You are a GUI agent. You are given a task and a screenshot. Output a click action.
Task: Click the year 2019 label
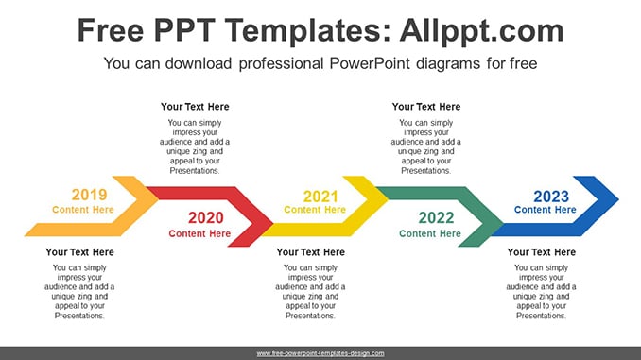(89, 195)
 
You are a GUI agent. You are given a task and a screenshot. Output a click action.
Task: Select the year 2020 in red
(205, 218)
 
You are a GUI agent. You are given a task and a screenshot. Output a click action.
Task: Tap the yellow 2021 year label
(320, 197)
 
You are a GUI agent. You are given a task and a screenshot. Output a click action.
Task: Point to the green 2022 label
(436, 218)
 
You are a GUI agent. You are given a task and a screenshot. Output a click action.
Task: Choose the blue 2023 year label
(551, 197)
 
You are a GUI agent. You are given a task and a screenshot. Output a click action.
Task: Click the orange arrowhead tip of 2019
(159, 199)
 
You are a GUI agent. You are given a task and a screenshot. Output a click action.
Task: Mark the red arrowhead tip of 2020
(273, 223)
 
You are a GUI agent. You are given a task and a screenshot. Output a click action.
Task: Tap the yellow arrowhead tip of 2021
(389, 199)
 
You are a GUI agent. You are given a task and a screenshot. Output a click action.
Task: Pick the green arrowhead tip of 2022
(504, 223)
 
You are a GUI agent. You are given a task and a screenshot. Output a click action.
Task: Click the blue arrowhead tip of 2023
(618, 199)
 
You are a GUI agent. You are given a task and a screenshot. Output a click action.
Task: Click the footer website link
(320, 353)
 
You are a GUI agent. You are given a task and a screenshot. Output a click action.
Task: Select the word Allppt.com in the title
(481, 30)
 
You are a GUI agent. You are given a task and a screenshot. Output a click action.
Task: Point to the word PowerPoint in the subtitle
(370, 63)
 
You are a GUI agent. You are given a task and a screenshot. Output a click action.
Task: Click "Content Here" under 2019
(83, 210)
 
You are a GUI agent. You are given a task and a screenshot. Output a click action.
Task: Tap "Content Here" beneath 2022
(430, 233)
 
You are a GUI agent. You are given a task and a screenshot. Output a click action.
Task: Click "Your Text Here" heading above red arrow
(195, 107)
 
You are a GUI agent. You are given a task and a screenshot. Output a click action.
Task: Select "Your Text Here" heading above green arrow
(426, 107)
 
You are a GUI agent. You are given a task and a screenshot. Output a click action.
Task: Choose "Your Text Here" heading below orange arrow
(79, 252)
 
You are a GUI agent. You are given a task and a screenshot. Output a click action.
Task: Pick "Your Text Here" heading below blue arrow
(541, 252)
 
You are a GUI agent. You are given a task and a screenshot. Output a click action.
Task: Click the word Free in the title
(111, 30)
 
